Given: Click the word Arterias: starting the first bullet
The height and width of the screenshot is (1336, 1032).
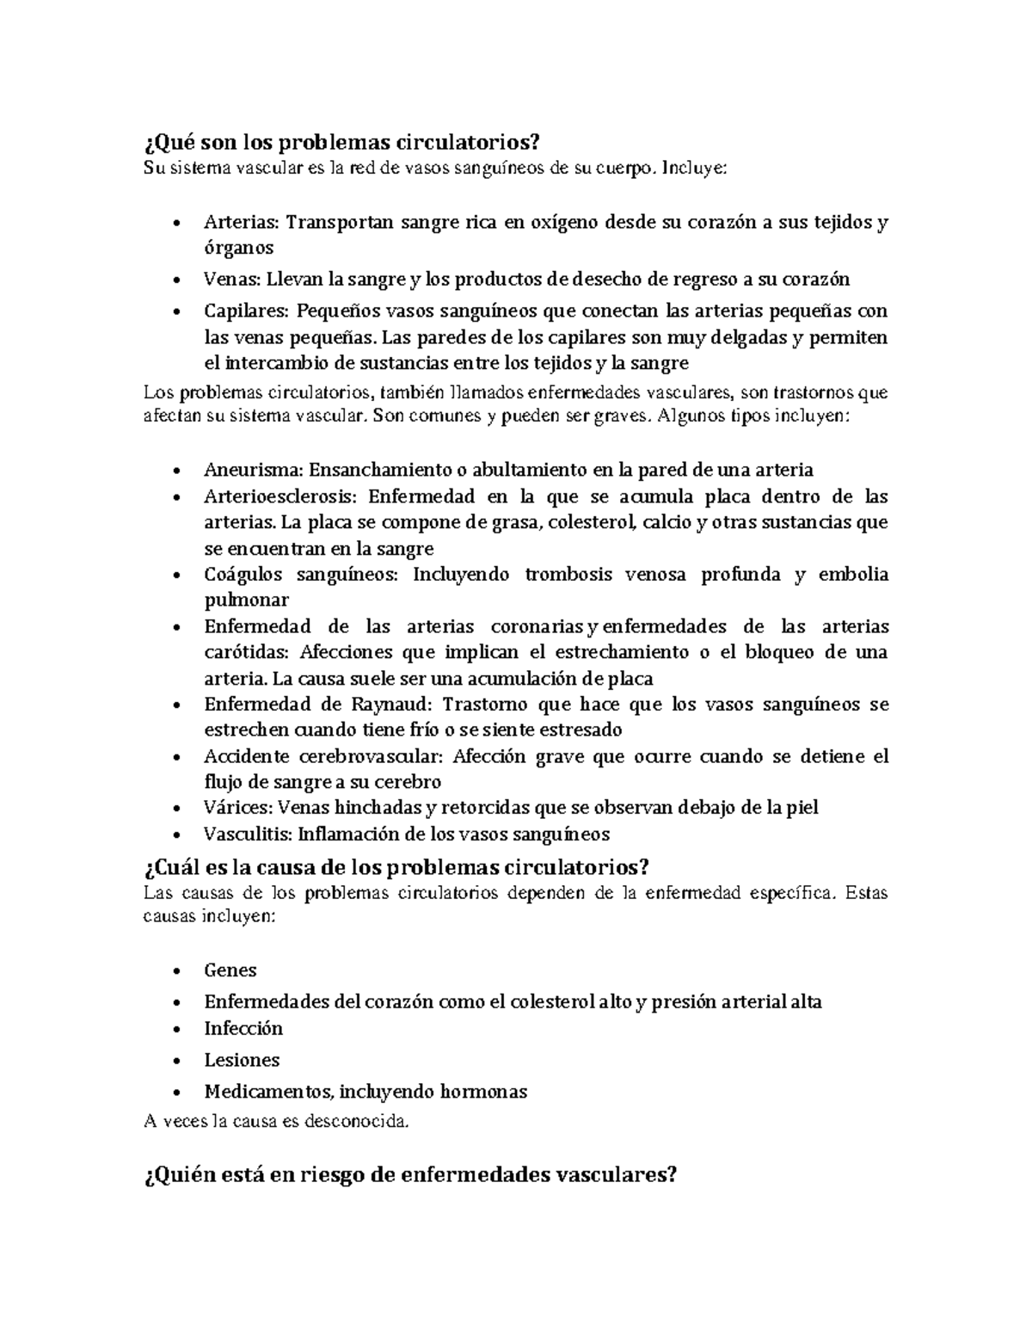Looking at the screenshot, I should (242, 222).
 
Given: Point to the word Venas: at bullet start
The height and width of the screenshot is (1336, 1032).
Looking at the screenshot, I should (232, 279).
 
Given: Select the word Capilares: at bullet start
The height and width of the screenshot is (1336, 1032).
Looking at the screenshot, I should (245, 310).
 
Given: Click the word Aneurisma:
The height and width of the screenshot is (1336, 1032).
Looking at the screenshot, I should (253, 470).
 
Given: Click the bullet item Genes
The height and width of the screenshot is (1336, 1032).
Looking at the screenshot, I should (230, 970).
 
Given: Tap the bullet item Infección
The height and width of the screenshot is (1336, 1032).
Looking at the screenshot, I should (243, 1029).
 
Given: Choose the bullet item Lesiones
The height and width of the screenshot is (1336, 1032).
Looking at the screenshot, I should (242, 1060).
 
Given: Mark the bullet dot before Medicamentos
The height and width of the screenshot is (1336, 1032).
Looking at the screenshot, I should (176, 1093).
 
